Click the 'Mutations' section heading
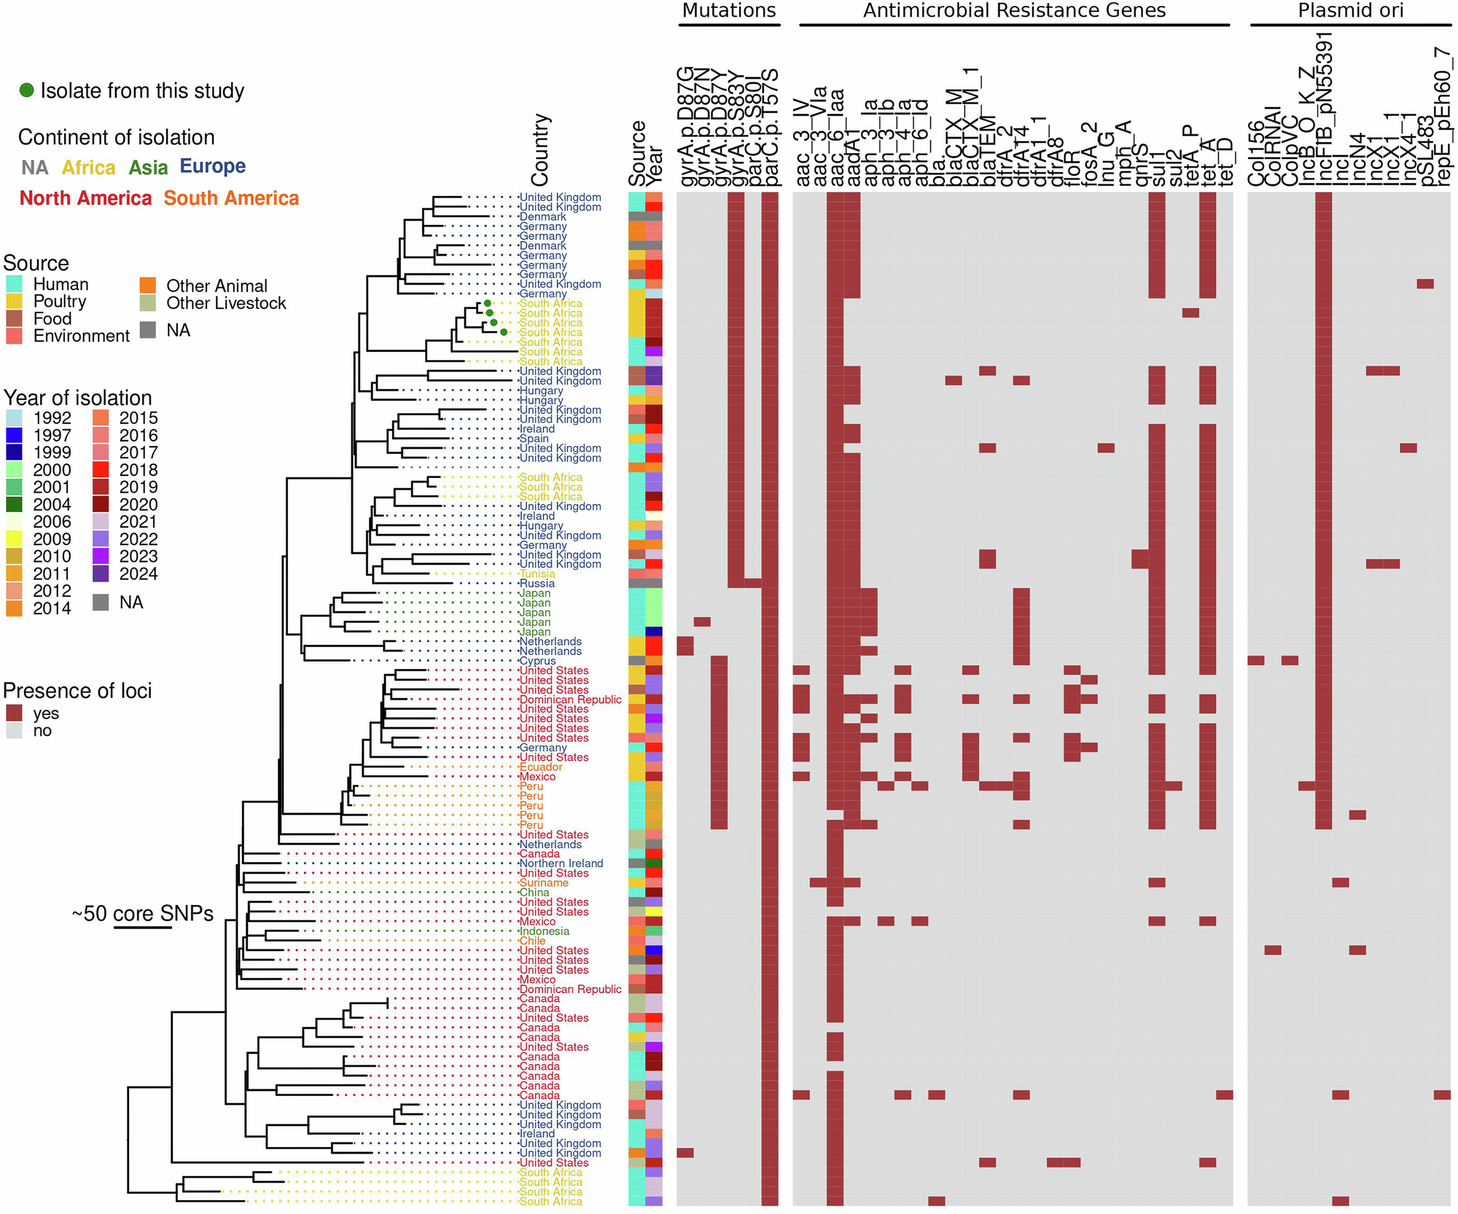click(728, 11)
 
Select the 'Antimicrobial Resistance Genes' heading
click(1014, 11)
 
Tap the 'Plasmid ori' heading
click(1350, 11)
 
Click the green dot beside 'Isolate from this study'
click(26, 90)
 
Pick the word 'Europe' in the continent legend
click(212, 167)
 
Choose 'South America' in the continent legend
click(231, 198)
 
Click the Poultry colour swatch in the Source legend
click(14, 302)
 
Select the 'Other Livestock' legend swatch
click(148, 303)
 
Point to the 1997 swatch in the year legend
click(14, 435)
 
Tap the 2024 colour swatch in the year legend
click(101, 573)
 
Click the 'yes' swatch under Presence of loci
click(14, 713)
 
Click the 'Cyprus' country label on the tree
click(537, 661)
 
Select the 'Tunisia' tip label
click(537, 574)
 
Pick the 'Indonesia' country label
click(544, 931)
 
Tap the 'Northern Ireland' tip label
click(561, 863)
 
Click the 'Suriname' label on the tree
click(543, 883)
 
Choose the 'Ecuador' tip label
click(540, 767)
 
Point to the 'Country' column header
click(540, 149)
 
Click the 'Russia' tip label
click(537, 584)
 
